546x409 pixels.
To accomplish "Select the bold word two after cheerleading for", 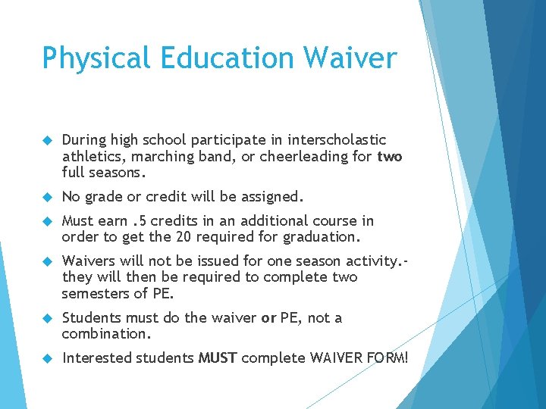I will pyautogui.click(x=390, y=157).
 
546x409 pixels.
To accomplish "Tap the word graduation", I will pyautogui.click(x=319, y=237).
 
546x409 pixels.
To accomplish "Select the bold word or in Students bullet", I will pyautogui.click(x=268, y=317).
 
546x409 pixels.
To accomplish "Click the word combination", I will pyautogui.click(x=105, y=334).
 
